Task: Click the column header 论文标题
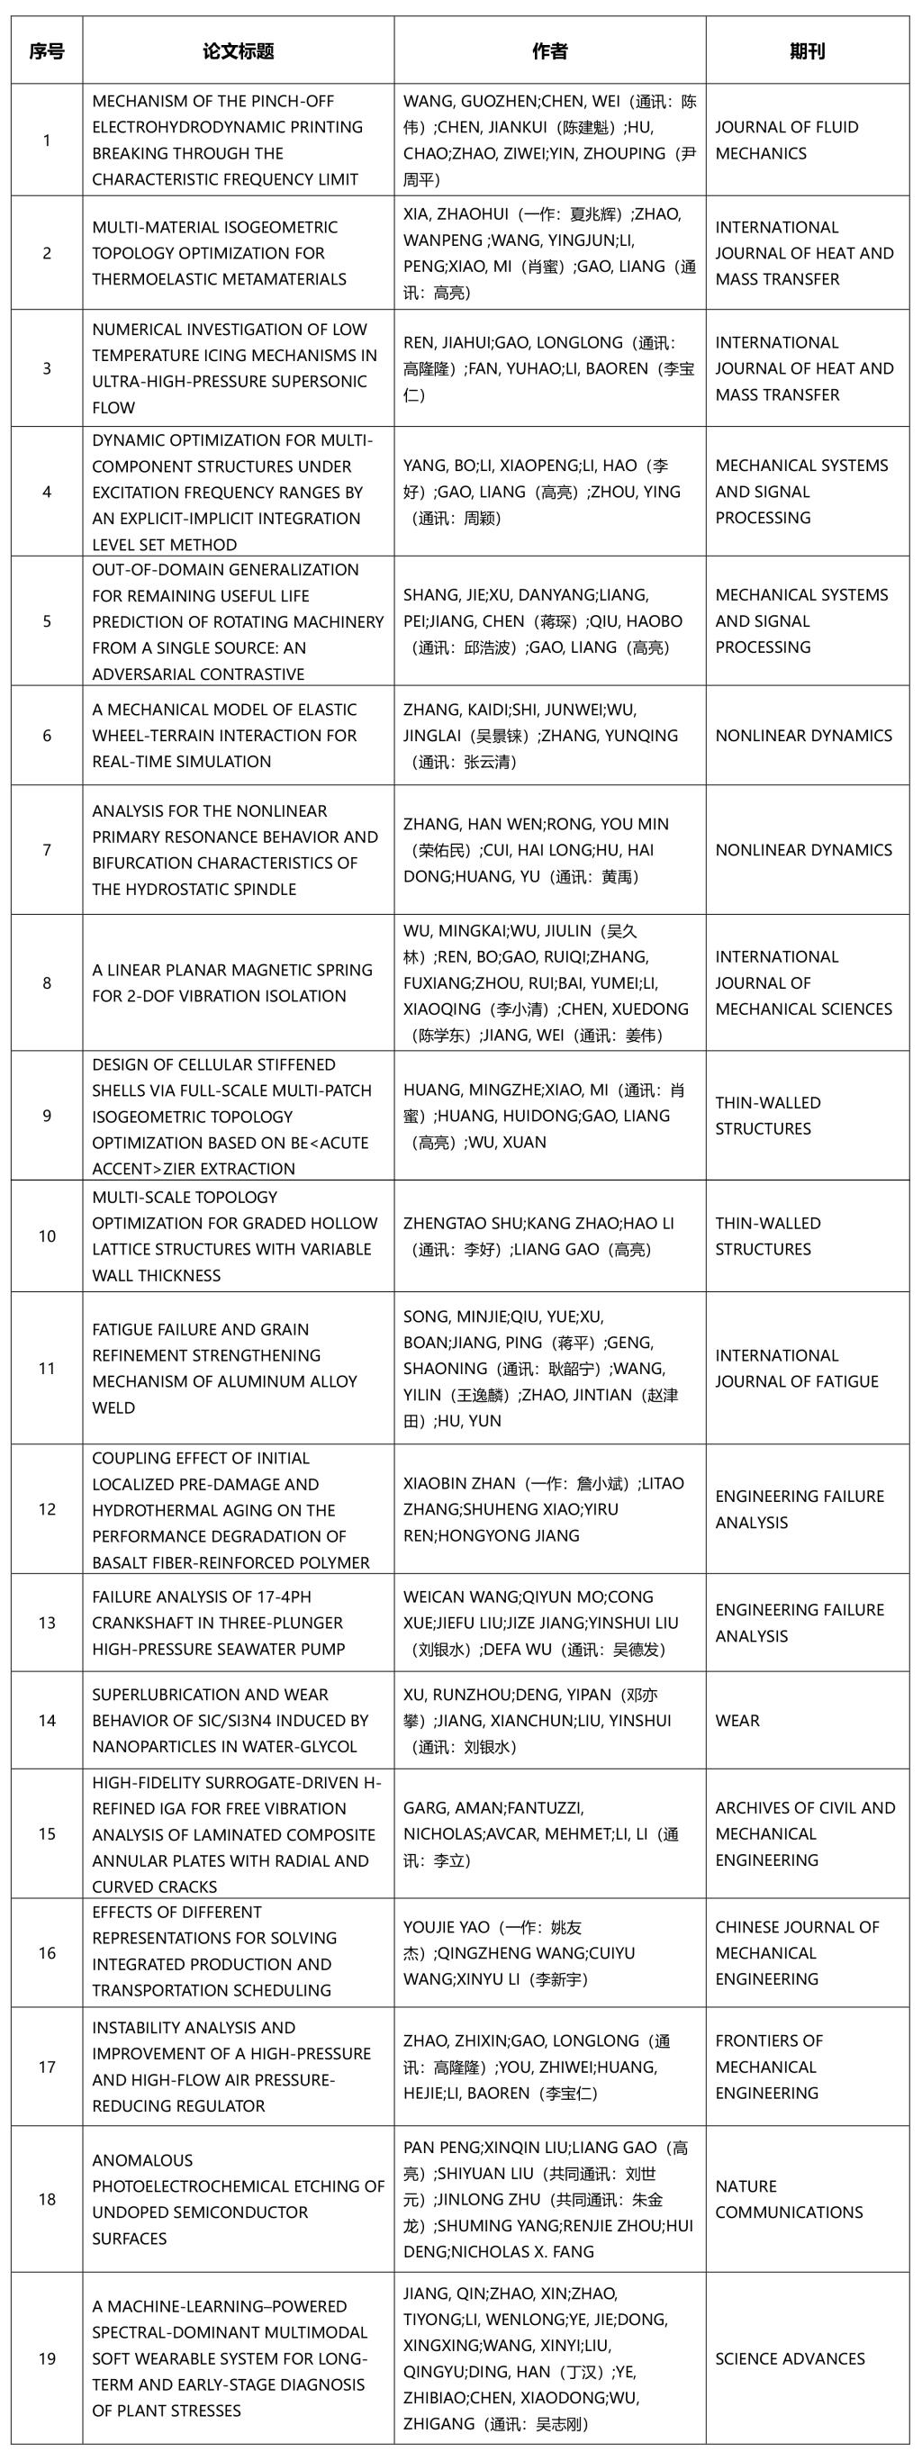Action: coord(238,51)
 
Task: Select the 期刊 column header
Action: coord(808,51)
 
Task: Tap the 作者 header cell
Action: coord(549,51)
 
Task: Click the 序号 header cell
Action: coord(47,51)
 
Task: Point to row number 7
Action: coord(47,849)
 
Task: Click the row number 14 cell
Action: coord(47,1720)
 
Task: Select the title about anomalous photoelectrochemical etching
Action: coord(238,2198)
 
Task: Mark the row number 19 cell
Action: coord(47,2357)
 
